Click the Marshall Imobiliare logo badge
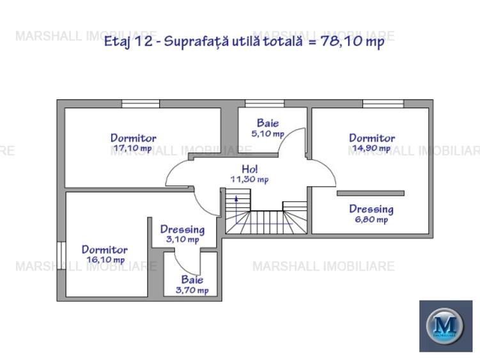tap(445, 325)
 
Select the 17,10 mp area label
tap(132, 148)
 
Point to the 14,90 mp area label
tap(371, 148)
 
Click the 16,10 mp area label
tap(105, 260)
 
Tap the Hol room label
tap(250, 169)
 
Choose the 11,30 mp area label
tap(250, 180)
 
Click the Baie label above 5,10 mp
tap(268, 123)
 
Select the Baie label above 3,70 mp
tap(192, 280)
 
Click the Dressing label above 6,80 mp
tap(371, 209)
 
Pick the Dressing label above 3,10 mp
tap(182, 230)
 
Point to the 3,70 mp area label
tap(192, 290)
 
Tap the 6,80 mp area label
tap(371, 220)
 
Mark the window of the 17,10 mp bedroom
tap(141, 104)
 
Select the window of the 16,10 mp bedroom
tap(61, 256)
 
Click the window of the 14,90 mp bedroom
tap(383, 104)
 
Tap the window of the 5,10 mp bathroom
tap(264, 104)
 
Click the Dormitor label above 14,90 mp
tap(372, 137)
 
